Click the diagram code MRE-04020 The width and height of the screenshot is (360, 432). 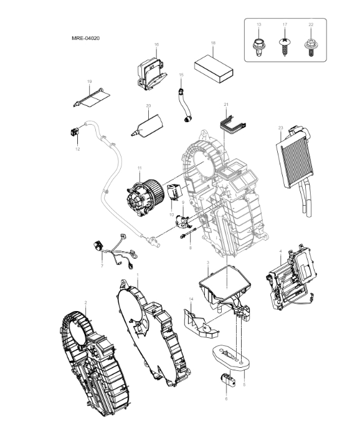click(86, 38)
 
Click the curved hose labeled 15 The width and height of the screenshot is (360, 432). click(183, 101)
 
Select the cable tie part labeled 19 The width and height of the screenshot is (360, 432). click(93, 97)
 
